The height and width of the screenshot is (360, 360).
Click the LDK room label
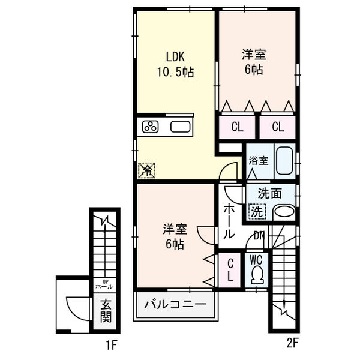coord(176,57)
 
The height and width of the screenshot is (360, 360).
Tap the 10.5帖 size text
coord(176,72)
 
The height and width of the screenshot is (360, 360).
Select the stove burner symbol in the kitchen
coord(150,127)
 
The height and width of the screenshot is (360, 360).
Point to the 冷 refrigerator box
coord(146,170)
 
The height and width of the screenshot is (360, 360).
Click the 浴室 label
coord(259,161)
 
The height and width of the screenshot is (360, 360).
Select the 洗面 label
coord(270,194)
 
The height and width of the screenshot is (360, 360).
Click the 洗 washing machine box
coord(256,211)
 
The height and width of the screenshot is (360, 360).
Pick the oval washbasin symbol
coord(284,212)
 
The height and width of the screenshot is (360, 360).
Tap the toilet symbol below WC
coord(257,275)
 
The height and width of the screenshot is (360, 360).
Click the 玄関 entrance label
coord(106,310)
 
